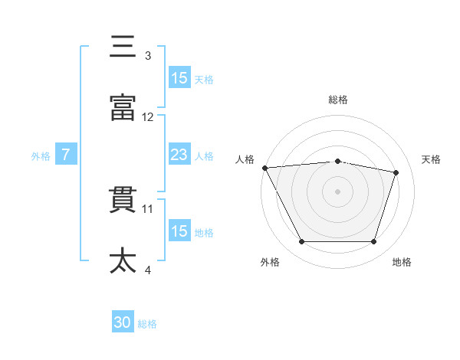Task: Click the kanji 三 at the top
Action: (123, 47)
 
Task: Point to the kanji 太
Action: (123, 260)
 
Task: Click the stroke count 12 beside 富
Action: (148, 117)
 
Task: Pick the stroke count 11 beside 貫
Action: (148, 208)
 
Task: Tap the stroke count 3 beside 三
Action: (148, 56)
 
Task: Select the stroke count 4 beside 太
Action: (148, 270)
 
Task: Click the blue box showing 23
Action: (179, 155)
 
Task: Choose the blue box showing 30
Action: (123, 323)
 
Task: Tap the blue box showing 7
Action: (66, 155)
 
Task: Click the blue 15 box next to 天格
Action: (179, 78)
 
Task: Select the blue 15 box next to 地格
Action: (179, 231)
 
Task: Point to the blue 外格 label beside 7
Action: (41, 156)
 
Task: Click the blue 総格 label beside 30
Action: (147, 324)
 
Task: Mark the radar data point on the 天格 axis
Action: (396, 172)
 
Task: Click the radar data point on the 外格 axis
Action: (301, 242)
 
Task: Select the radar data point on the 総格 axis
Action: (337, 161)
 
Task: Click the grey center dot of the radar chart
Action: (337, 191)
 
